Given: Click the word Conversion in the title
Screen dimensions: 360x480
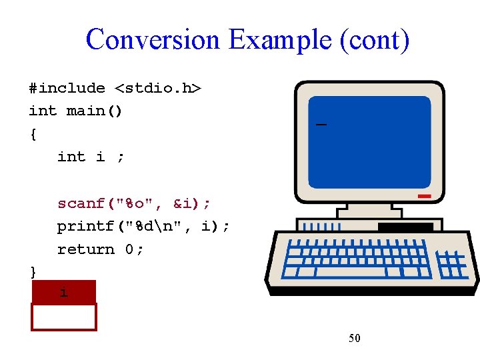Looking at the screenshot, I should click(153, 39).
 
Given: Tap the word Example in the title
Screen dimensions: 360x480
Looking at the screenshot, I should click(280, 39).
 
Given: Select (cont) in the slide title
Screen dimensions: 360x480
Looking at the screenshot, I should click(374, 39).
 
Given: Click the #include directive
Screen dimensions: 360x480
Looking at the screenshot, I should click(67, 88).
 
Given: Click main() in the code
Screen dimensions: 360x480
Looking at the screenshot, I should click(94, 111).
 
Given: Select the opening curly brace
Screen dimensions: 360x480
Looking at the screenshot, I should click(33, 134).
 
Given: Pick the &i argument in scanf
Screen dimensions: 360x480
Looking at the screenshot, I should click(186, 203).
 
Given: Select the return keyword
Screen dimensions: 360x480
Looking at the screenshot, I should click(85, 249).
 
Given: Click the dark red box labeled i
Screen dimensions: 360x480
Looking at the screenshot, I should click(64, 292).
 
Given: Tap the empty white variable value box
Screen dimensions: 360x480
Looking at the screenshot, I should click(64, 317).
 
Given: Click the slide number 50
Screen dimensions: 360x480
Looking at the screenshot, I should click(355, 339).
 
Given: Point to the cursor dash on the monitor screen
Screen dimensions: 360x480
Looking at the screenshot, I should click(321, 125).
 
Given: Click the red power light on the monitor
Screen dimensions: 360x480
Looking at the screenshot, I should click(424, 197).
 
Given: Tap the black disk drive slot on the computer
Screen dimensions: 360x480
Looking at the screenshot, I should click(405, 227).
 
